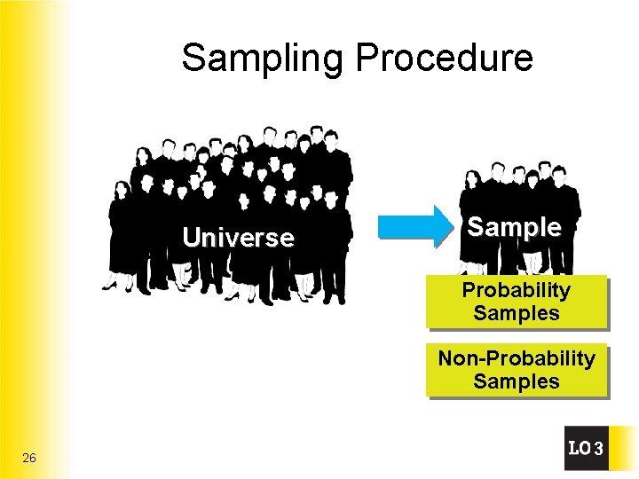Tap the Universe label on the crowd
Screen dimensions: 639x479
click(238, 238)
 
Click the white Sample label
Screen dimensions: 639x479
click(514, 227)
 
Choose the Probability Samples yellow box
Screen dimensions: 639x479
click(516, 302)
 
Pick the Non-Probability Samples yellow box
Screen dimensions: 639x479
click(516, 370)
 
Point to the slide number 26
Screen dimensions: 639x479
click(29, 458)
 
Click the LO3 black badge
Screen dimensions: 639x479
click(586, 449)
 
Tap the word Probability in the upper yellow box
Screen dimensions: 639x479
click(516, 290)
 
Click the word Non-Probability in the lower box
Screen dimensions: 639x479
click(516, 358)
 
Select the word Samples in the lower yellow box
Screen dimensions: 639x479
click(516, 382)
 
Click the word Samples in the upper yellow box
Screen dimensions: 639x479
click(516, 313)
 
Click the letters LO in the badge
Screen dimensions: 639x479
click(579, 449)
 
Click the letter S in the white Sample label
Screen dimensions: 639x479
click(475, 227)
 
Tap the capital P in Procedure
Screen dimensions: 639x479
click(366, 59)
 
